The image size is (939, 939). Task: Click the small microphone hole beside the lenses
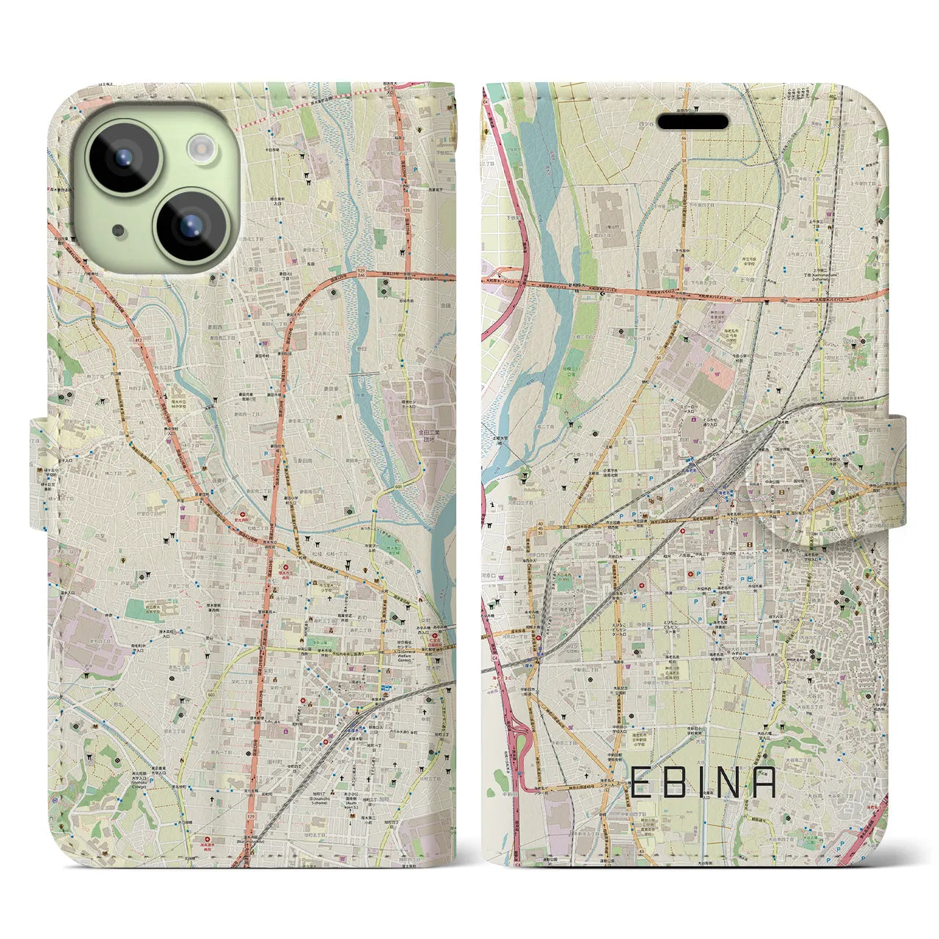(117, 229)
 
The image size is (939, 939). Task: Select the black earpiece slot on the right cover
(692, 121)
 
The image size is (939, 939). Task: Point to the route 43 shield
(630, 839)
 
